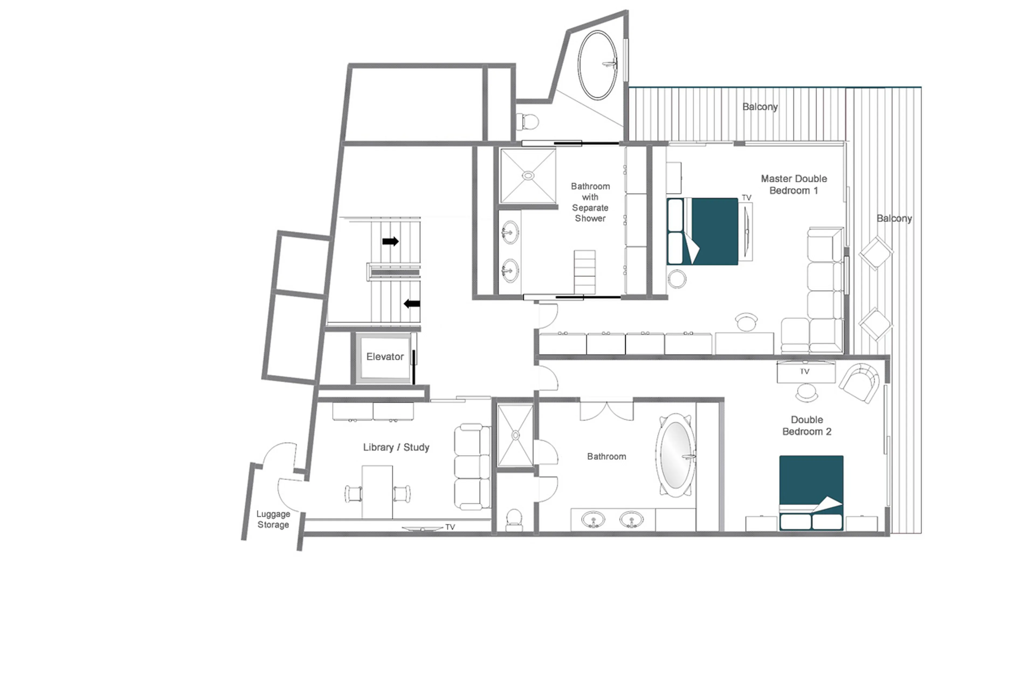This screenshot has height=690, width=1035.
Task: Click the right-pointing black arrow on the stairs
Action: [390, 241]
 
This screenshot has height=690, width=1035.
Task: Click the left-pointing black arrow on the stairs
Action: [412, 303]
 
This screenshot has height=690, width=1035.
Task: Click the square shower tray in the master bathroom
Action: [528, 176]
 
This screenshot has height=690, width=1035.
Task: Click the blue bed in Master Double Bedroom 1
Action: [708, 231]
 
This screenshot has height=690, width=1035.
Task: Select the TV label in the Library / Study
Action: [450, 527]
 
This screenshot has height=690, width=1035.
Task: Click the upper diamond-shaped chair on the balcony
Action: [875, 253]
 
